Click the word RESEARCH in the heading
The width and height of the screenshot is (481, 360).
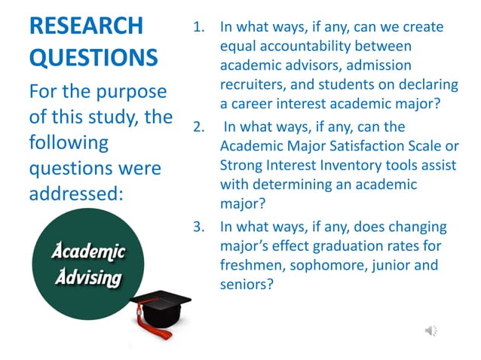click(x=84, y=25)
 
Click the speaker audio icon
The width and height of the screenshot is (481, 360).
click(x=430, y=330)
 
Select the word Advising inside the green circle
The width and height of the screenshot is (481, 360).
click(x=89, y=277)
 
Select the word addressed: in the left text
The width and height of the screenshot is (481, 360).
click(x=75, y=193)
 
